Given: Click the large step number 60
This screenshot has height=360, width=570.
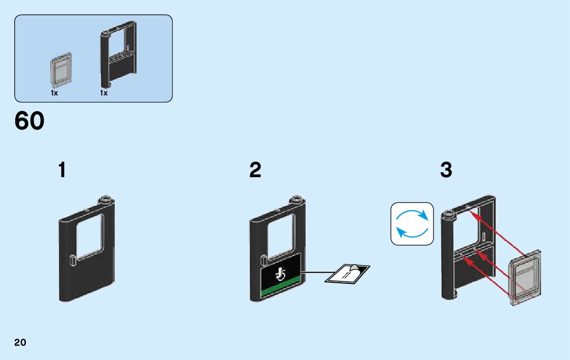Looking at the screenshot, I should click(29, 121).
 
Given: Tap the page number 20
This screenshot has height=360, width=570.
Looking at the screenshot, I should click(20, 342).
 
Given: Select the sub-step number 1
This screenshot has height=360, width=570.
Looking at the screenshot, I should click(62, 170).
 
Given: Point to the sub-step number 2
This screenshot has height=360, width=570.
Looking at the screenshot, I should click(255, 170).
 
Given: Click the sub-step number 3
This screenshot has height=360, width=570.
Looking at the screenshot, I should click(446, 170).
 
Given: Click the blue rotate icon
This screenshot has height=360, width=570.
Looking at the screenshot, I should click(412, 224).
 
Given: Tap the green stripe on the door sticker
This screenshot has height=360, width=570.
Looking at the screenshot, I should click(281, 293).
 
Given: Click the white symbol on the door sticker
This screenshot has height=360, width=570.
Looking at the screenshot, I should click(280, 275).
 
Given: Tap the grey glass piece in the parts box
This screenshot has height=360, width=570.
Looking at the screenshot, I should click(60, 70).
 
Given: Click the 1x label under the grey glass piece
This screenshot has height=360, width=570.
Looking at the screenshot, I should click(54, 93).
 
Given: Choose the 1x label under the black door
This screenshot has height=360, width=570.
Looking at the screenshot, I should click(104, 93).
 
